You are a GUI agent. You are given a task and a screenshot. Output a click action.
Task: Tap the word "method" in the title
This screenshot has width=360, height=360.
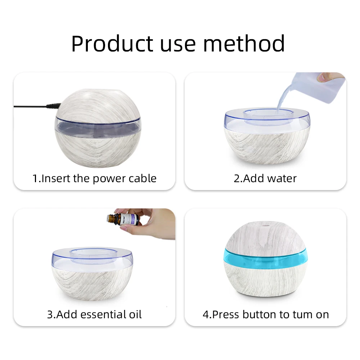244,44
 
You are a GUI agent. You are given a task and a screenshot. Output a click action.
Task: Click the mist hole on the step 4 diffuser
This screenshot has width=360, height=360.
265,227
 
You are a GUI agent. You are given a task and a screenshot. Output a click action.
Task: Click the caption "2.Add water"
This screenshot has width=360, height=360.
265,178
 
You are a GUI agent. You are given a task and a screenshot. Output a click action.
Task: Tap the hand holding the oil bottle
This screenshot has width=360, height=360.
155,221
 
